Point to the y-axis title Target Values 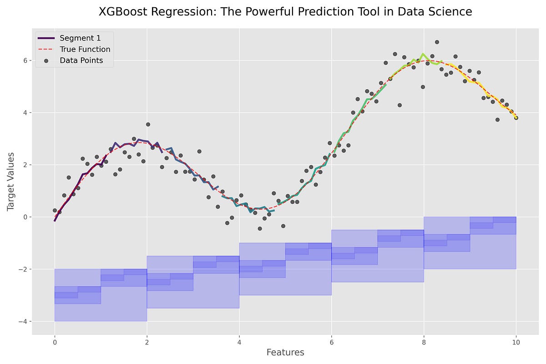pyautogui.click(x=11, y=181)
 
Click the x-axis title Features pyautogui.click(x=285, y=353)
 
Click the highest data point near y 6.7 pyautogui.click(x=437, y=42)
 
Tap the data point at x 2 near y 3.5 pyautogui.click(x=148, y=124)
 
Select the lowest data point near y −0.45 pyautogui.click(x=260, y=228)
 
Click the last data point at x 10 pyautogui.click(x=516, y=118)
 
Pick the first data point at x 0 pyautogui.click(x=55, y=210)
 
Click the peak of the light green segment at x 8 pyautogui.click(x=423, y=54)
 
